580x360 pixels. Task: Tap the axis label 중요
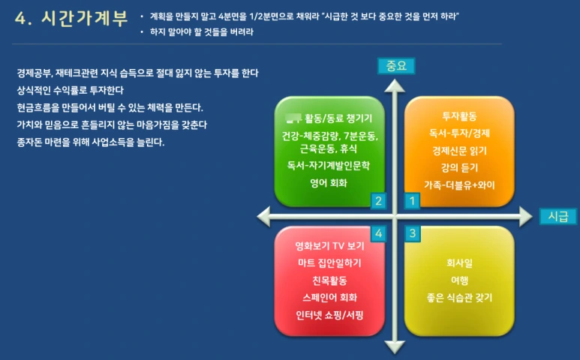(x=395, y=66)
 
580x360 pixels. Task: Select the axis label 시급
(x=557, y=216)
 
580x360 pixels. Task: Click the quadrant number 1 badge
(x=412, y=200)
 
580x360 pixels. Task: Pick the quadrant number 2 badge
(x=379, y=200)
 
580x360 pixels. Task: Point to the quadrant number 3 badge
(x=412, y=234)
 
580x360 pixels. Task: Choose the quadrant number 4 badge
(x=379, y=234)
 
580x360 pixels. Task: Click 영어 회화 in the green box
(x=329, y=182)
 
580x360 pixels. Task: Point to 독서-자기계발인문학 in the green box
(x=329, y=165)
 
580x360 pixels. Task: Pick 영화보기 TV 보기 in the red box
(x=329, y=246)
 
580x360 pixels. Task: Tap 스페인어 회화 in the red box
(x=329, y=298)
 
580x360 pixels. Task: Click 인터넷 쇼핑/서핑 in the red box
(x=329, y=314)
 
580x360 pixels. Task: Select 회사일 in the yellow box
(x=459, y=263)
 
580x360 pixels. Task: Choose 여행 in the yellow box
(x=459, y=280)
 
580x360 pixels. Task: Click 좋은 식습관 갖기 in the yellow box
(x=459, y=298)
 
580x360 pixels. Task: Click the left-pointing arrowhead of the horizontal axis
(x=263, y=217)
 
